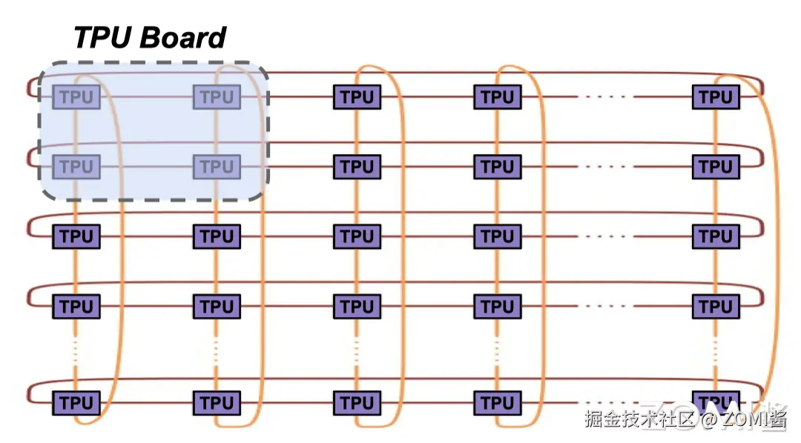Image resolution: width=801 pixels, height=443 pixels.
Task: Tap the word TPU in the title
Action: [100, 37]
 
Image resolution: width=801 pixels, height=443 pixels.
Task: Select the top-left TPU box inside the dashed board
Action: [76, 97]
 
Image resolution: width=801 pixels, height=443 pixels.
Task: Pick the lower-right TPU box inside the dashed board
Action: [217, 167]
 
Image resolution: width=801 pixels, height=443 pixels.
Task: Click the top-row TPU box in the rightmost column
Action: [716, 97]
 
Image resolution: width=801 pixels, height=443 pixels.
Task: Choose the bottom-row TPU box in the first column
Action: [76, 403]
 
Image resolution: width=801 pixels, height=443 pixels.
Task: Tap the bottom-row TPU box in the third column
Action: [357, 403]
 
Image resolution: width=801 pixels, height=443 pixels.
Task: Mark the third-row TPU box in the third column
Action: [357, 236]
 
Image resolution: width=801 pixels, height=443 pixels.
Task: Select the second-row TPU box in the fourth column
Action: [497, 167]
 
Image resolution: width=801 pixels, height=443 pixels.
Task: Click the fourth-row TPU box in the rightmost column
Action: [716, 306]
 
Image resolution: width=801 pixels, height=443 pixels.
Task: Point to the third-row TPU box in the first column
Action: [76, 236]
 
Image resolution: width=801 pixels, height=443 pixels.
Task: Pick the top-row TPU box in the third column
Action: [357, 97]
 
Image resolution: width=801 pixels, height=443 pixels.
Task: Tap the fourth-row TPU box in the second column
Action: [217, 306]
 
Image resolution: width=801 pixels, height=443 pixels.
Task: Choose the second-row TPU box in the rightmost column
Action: [716, 167]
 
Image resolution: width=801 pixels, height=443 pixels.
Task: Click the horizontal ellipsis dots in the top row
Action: [607, 97]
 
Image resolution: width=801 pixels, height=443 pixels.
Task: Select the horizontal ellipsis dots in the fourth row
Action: [607, 306]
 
